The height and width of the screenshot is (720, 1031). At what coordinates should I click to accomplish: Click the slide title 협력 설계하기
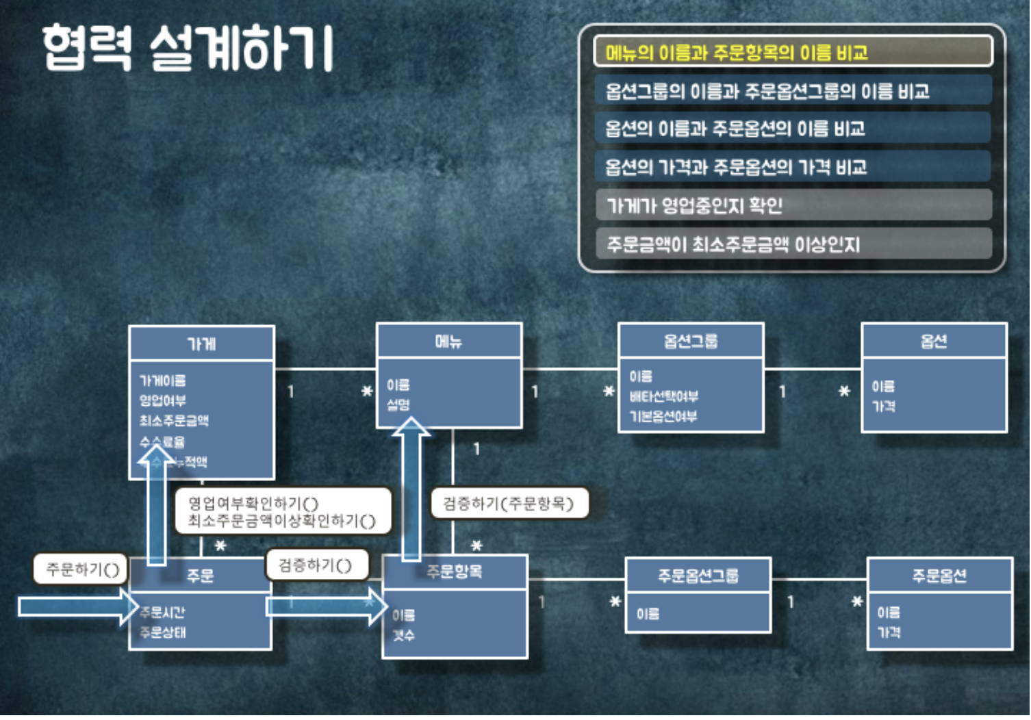pyautogui.click(x=187, y=48)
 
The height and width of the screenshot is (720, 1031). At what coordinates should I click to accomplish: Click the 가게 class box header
pyautogui.click(x=202, y=344)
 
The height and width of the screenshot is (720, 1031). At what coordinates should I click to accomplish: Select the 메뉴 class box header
pyautogui.click(x=449, y=341)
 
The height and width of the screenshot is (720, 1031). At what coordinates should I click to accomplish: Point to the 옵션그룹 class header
pyautogui.click(x=691, y=341)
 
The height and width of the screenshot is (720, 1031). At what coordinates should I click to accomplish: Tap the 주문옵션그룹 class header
pyautogui.click(x=698, y=576)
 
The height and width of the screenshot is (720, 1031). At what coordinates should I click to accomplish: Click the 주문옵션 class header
pyautogui.click(x=939, y=576)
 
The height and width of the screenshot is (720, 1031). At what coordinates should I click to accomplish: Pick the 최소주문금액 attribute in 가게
pyautogui.click(x=174, y=421)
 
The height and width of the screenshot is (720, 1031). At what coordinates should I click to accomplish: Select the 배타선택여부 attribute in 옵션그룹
pyautogui.click(x=664, y=396)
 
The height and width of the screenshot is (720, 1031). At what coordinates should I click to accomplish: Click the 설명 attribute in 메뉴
pyautogui.click(x=398, y=404)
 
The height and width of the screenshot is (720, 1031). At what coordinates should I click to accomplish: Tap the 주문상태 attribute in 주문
pyautogui.click(x=163, y=632)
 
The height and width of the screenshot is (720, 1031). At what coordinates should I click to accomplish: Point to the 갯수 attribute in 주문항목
pyautogui.click(x=403, y=635)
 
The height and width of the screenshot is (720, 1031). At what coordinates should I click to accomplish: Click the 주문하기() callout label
pyautogui.click(x=81, y=569)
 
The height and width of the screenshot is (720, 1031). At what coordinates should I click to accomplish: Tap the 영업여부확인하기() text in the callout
pyautogui.click(x=253, y=504)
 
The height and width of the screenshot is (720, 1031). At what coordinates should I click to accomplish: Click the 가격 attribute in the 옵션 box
pyautogui.click(x=883, y=406)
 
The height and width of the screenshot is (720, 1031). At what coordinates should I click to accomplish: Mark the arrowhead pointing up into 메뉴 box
pyautogui.click(x=411, y=427)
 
